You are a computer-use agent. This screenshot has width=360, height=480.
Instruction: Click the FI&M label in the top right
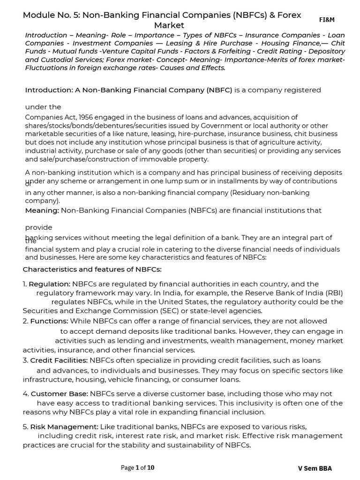click(x=327, y=20)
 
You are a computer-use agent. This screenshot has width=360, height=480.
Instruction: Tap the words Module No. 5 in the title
click(x=49, y=15)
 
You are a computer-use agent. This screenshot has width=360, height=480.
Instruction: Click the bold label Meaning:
click(x=42, y=210)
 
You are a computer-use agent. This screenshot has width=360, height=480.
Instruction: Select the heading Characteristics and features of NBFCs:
click(x=92, y=269)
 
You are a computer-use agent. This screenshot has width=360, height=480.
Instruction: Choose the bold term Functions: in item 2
click(x=49, y=321)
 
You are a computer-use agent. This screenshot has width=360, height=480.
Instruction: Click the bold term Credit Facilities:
click(x=59, y=360)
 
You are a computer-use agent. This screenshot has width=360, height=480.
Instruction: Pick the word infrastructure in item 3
click(x=47, y=379)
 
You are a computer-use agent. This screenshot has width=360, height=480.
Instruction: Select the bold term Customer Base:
click(x=60, y=394)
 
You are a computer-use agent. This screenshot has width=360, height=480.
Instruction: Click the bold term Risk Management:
click(x=65, y=427)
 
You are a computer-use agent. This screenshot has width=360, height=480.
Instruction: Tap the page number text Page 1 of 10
click(x=137, y=467)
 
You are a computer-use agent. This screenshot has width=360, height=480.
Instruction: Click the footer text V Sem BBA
click(x=315, y=468)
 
